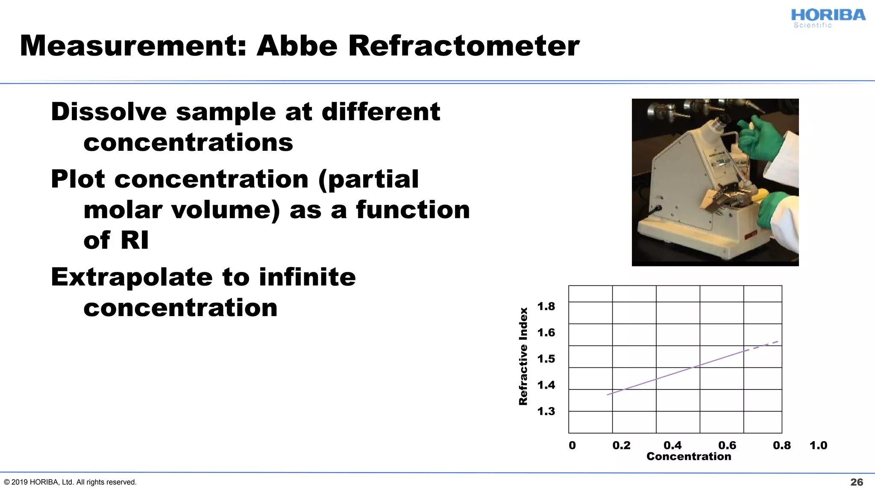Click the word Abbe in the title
click(297, 46)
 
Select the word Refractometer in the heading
click(464, 46)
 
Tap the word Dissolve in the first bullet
click(109, 112)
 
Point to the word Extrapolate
click(131, 277)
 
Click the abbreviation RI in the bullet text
click(135, 240)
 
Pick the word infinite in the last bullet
click(307, 277)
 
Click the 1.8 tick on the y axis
click(546, 306)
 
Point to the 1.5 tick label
click(546, 359)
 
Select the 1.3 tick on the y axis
click(546, 411)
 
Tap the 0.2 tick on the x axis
click(621, 445)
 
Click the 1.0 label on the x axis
click(818, 445)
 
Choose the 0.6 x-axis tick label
click(727, 445)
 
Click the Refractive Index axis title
click(523, 357)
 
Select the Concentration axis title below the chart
click(689, 457)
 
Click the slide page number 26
click(856, 482)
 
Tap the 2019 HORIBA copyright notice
click(70, 482)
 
